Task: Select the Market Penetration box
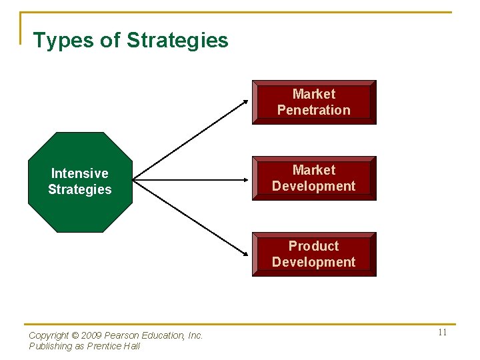[314, 102]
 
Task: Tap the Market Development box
[314, 178]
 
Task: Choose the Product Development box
[314, 254]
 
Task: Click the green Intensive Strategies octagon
[80, 181]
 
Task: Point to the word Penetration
[313, 111]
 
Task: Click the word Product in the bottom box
[313, 246]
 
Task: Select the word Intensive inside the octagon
[79, 173]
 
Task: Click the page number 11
[442, 333]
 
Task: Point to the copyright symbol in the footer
[75, 336]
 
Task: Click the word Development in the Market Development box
[313, 187]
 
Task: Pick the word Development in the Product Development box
[313, 263]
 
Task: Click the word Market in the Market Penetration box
[313, 94]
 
